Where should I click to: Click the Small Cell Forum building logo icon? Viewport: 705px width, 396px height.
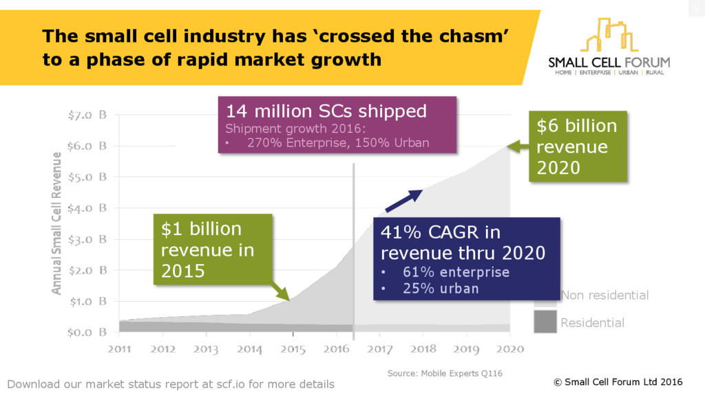609,36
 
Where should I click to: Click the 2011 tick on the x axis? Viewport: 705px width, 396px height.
119,349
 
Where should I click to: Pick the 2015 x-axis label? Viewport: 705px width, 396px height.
293,349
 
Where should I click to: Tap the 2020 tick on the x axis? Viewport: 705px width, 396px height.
509,349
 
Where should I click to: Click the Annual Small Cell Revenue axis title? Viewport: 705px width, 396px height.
56,223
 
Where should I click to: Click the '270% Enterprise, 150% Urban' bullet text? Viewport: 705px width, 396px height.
337,143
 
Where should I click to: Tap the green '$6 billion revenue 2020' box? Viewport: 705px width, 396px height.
578,146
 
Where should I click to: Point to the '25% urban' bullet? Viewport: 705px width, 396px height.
441,289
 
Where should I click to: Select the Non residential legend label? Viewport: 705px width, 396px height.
604,296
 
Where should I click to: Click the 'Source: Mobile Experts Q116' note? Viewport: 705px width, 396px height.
444,373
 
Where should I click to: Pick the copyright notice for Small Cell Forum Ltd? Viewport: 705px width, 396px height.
618,382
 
